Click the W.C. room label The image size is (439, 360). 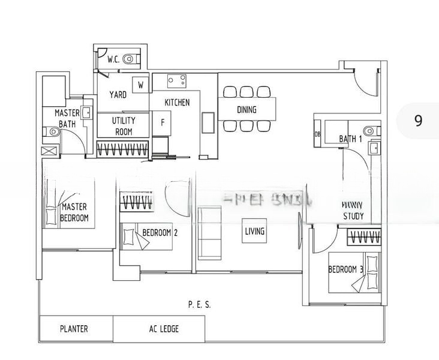click(x=114, y=59)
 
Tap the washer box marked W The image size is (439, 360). click(x=140, y=85)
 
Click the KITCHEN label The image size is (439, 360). click(x=177, y=103)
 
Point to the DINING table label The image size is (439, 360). click(x=246, y=110)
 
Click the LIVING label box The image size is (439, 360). click(x=255, y=231)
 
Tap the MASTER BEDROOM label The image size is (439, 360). click(x=75, y=212)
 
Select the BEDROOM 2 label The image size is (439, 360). click(x=159, y=233)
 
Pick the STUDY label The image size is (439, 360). click(x=353, y=216)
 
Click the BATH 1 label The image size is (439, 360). click(x=351, y=139)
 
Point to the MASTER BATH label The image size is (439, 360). click(x=67, y=118)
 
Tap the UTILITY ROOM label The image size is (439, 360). click(x=124, y=125)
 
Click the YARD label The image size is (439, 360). click(x=118, y=95)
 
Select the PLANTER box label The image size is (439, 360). click(x=74, y=329)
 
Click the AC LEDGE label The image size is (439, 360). click(x=164, y=329)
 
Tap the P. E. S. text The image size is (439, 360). click(x=199, y=305)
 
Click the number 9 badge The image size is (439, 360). click(x=418, y=121)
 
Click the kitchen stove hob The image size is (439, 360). click(x=176, y=79)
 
